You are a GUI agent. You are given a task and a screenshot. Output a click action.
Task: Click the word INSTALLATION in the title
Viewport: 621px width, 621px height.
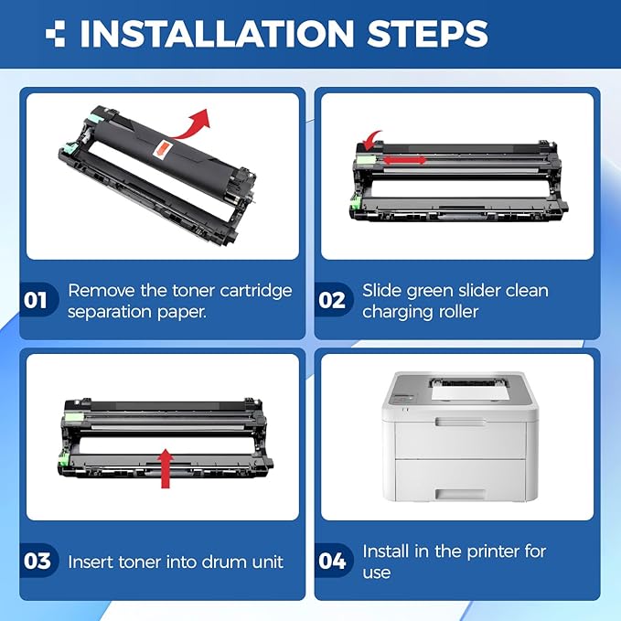pyautogui.click(x=217, y=33)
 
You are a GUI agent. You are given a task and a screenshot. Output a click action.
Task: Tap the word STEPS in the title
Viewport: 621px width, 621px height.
pyautogui.click(x=428, y=33)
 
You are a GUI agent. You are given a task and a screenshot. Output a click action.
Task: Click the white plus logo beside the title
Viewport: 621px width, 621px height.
pyautogui.click(x=55, y=33)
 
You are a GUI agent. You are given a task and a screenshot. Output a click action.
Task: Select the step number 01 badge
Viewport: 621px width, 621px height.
pyautogui.click(x=37, y=300)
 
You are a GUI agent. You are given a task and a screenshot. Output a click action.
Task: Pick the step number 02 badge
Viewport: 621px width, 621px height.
pyautogui.click(x=332, y=300)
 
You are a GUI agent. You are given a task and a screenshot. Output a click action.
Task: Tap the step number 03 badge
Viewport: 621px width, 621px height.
pyautogui.click(x=37, y=561)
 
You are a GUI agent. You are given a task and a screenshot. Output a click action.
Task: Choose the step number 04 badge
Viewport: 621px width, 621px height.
pyautogui.click(x=332, y=561)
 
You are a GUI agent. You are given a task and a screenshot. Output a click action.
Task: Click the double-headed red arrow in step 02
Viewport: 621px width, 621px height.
pyautogui.click(x=405, y=160)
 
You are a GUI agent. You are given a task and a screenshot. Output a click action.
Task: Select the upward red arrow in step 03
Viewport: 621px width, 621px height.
pyautogui.click(x=166, y=469)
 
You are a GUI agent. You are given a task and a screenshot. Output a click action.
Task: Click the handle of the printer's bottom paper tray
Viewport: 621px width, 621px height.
pyautogui.click(x=460, y=494)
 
